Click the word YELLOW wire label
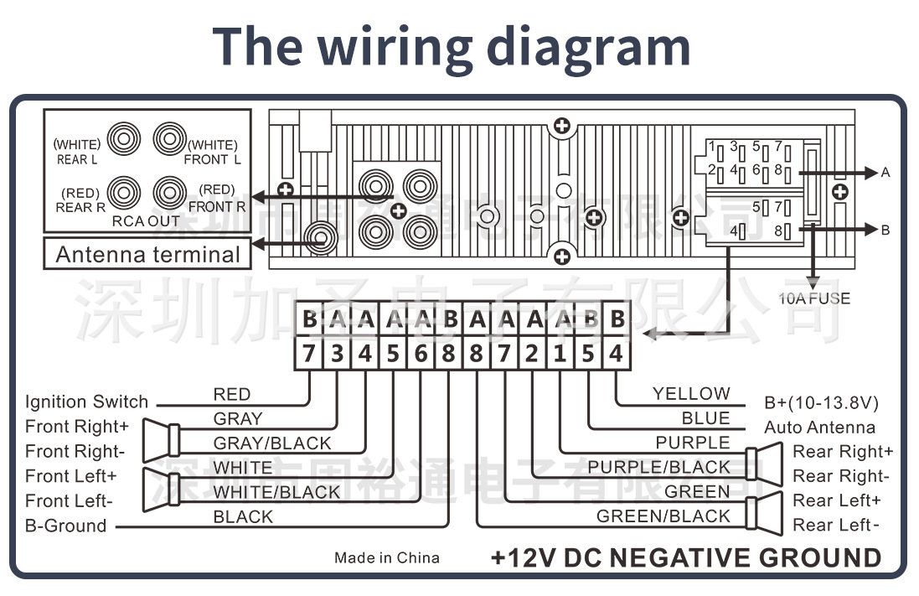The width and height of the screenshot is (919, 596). pos(691,393)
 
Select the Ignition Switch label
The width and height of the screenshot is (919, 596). pos(86,402)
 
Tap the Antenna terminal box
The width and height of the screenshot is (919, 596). pos(147,254)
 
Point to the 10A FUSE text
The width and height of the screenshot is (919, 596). pos(813,298)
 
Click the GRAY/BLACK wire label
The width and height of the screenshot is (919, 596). pos(272,443)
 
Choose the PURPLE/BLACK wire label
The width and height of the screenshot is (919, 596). pos(658,467)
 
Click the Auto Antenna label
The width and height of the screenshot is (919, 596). pos(819,428)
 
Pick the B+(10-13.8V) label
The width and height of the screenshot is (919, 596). pos(821,402)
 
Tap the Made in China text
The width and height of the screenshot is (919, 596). pos(386,557)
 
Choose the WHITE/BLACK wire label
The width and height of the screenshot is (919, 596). pos(276,492)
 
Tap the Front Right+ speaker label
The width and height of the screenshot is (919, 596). pos(77,427)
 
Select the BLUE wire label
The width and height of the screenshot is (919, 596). pos(705,418)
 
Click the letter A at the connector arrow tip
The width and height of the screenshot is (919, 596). pos(885,173)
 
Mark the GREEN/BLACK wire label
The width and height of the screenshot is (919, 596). pos(663,516)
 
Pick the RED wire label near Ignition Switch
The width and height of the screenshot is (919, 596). pos(231,394)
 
